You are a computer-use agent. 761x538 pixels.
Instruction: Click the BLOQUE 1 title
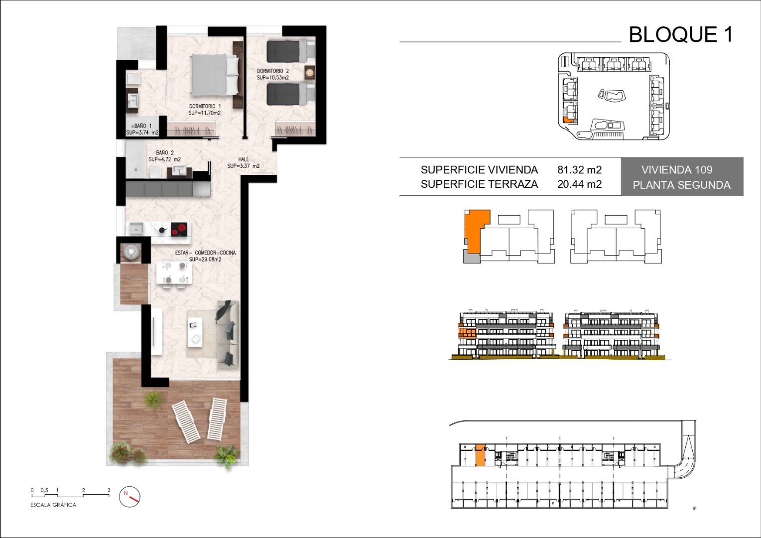(681, 35)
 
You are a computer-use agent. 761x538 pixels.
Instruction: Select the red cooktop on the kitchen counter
(179, 229)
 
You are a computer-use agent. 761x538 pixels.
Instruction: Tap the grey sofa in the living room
(228, 334)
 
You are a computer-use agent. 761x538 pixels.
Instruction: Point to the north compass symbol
(129, 497)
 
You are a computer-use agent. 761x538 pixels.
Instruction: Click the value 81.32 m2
(580, 169)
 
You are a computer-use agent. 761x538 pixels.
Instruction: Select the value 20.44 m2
(580, 184)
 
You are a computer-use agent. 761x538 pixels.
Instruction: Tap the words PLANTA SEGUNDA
(681, 185)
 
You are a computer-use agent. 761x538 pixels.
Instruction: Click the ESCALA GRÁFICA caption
(53, 505)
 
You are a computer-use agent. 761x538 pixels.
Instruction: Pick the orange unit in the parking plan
(480, 455)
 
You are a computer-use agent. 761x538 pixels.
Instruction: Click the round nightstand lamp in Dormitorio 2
(309, 72)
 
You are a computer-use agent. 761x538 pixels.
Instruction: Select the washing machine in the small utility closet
(131, 252)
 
